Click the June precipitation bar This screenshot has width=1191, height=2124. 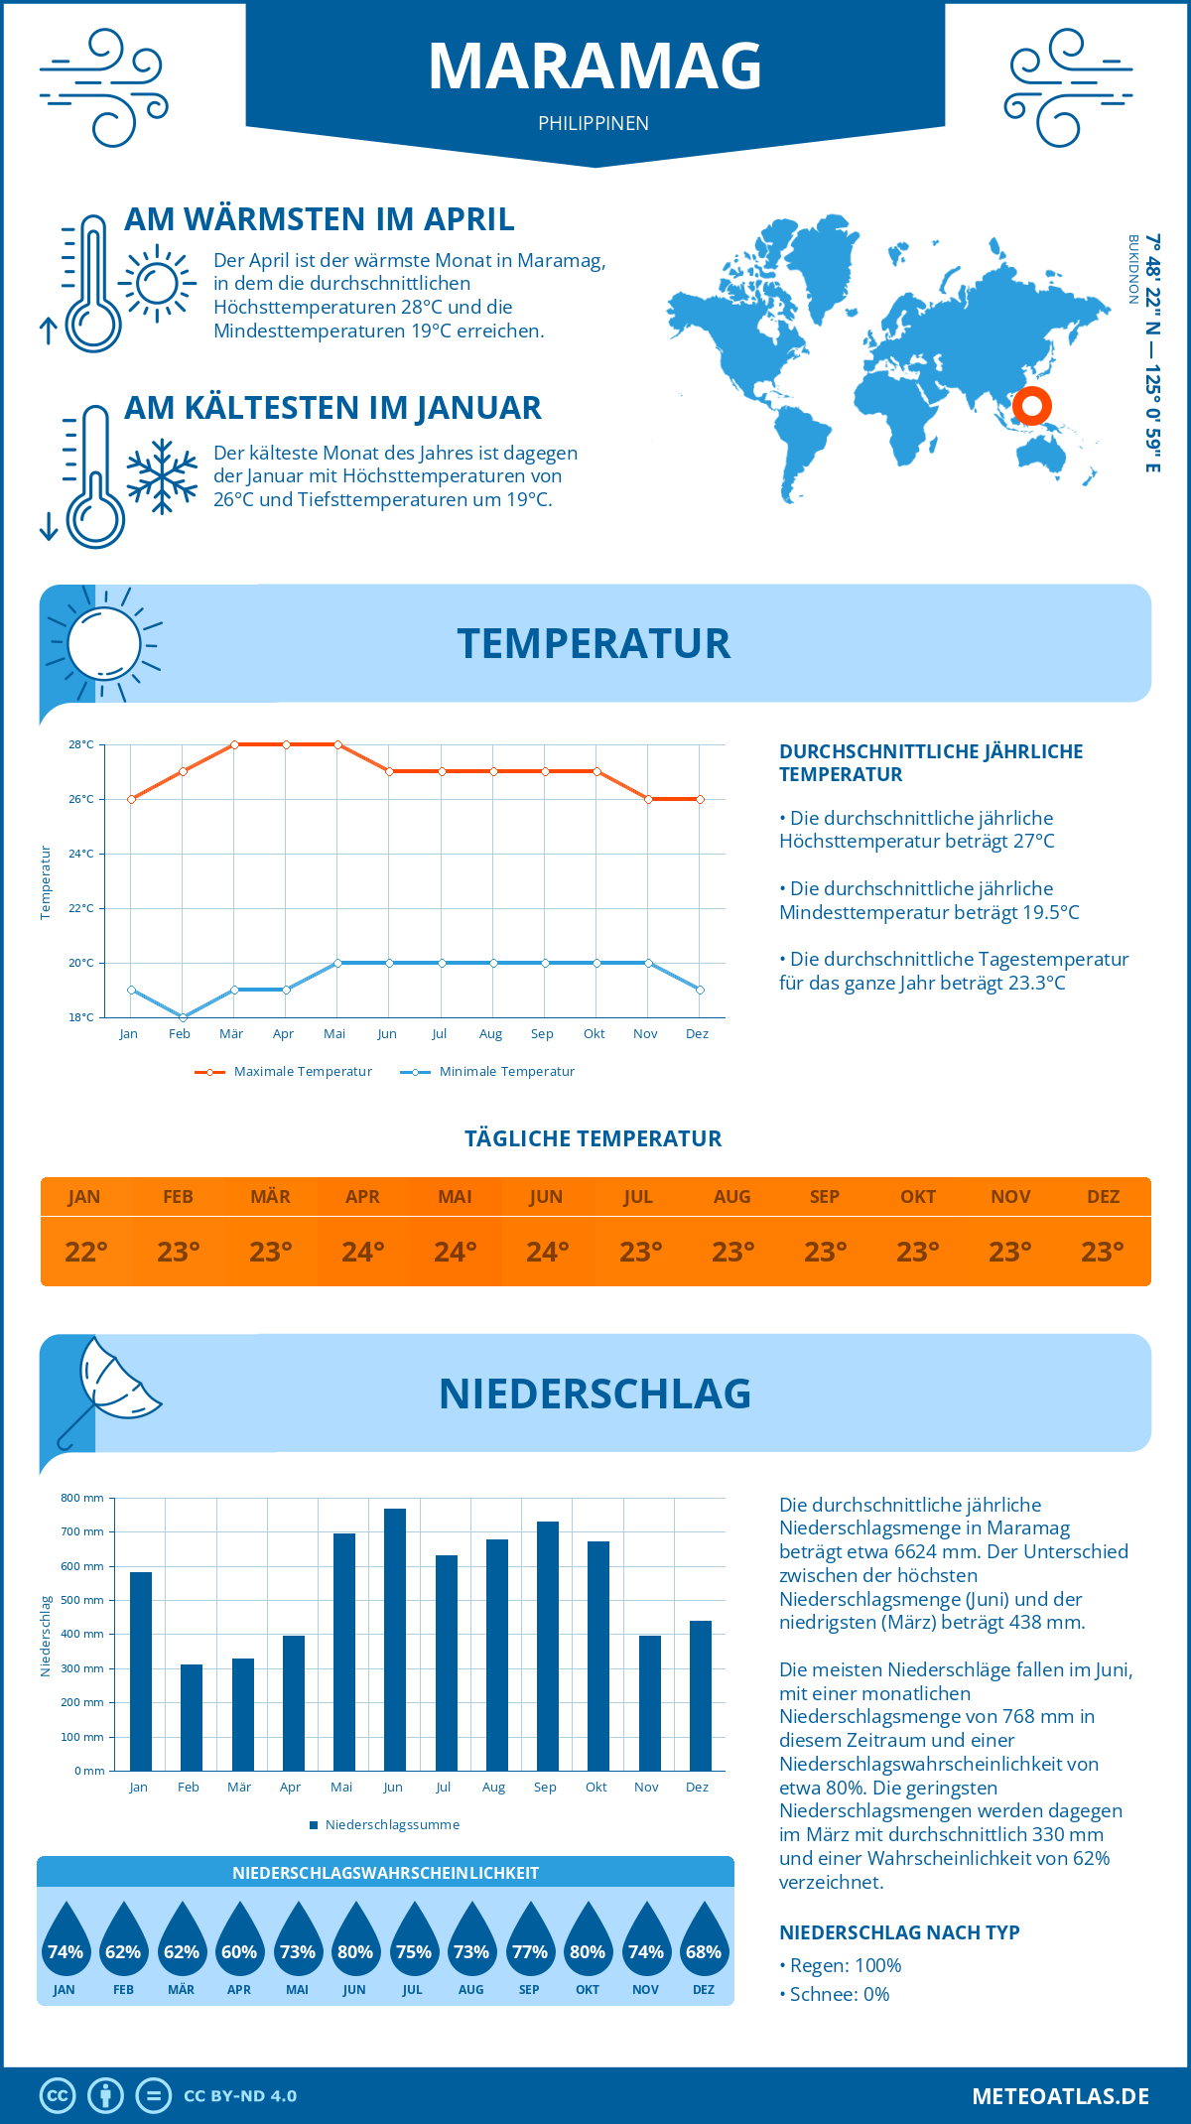[x=395, y=1639]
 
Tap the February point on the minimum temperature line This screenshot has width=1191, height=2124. [x=183, y=1017]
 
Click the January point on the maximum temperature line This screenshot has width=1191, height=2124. [x=131, y=799]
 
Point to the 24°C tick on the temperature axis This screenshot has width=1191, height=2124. [x=81, y=854]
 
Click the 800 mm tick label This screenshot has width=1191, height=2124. [x=82, y=1498]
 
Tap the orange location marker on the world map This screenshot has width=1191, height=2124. [x=1032, y=405]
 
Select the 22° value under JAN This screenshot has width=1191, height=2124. [x=85, y=1252]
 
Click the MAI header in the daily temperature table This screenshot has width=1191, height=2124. [x=455, y=1197]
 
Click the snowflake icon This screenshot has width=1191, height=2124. [x=162, y=476]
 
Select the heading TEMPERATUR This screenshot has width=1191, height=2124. [x=594, y=643]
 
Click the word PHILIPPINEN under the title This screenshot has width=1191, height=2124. [x=594, y=123]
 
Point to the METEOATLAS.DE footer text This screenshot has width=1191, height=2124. [x=1060, y=2096]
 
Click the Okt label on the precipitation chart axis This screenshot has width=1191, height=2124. [x=595, y=1788]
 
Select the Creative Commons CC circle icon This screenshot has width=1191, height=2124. [x=58, y=2096]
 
